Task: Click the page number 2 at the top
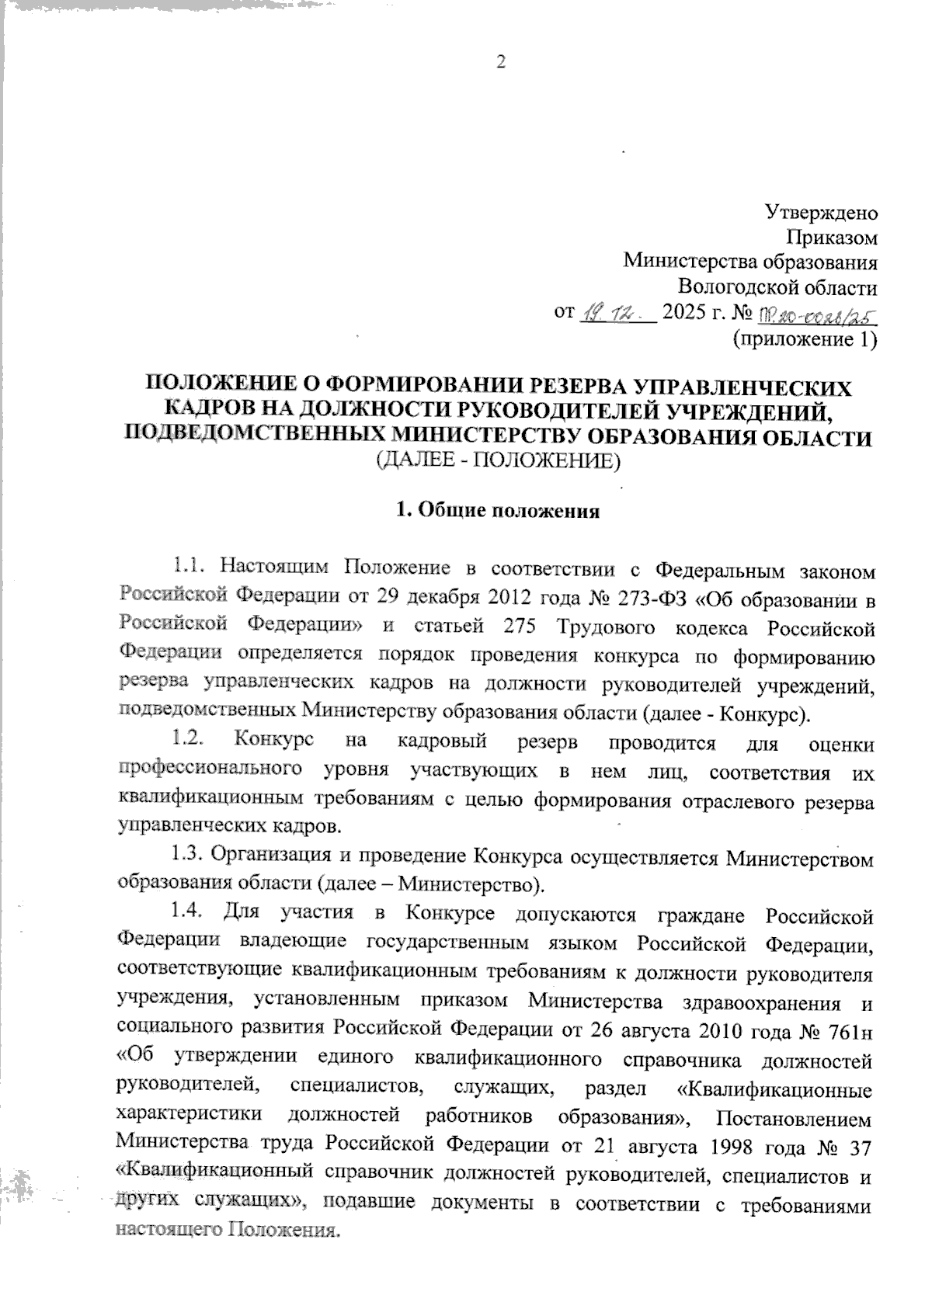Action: (x=500, y=63)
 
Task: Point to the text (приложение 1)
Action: (x=805, y=339)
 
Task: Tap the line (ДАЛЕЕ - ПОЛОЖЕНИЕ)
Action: (x=497, y=462)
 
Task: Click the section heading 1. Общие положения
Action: (x=497, y=511)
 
